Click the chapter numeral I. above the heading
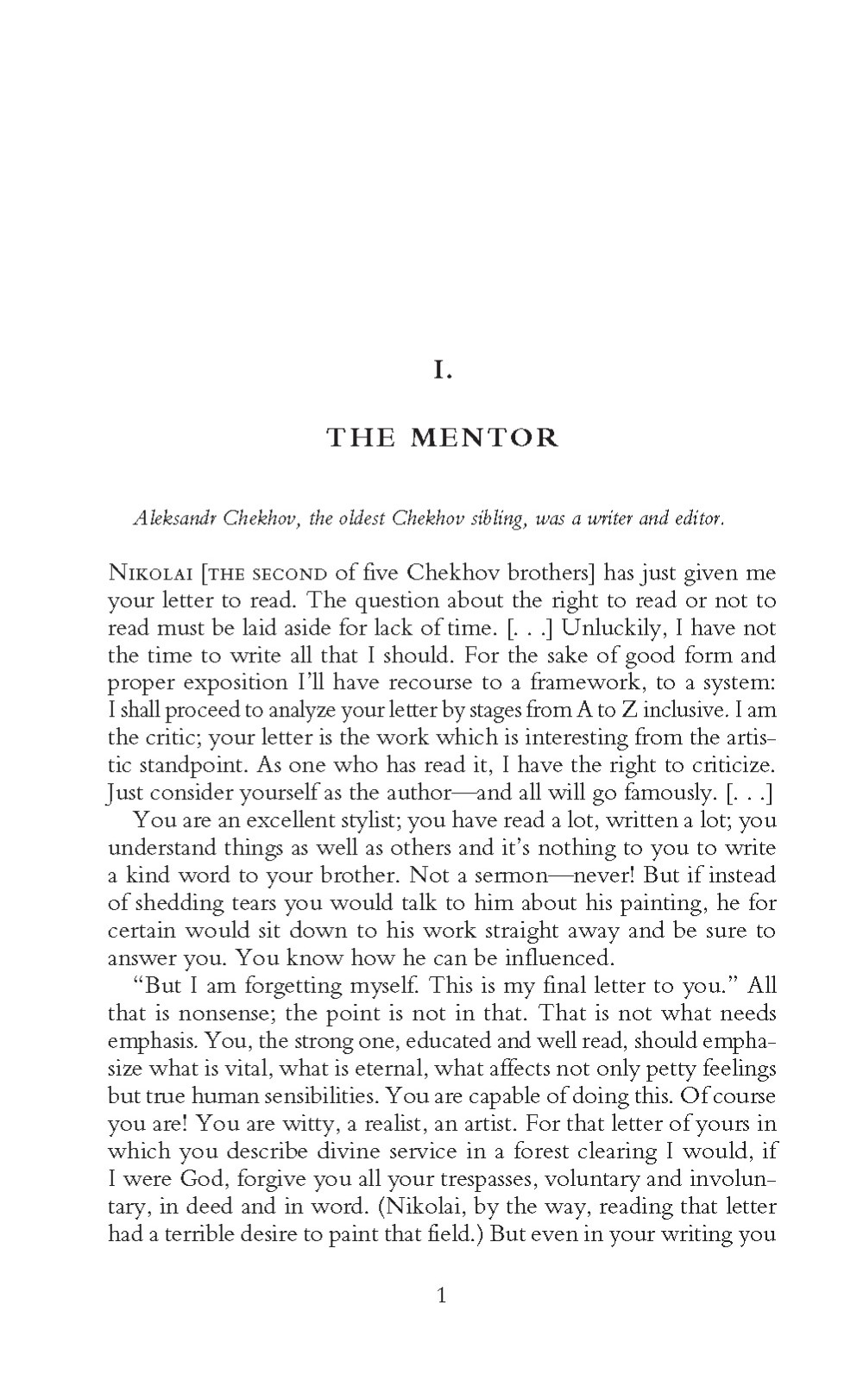442,372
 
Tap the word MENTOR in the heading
484,438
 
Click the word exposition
238,682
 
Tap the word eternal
383,1069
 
